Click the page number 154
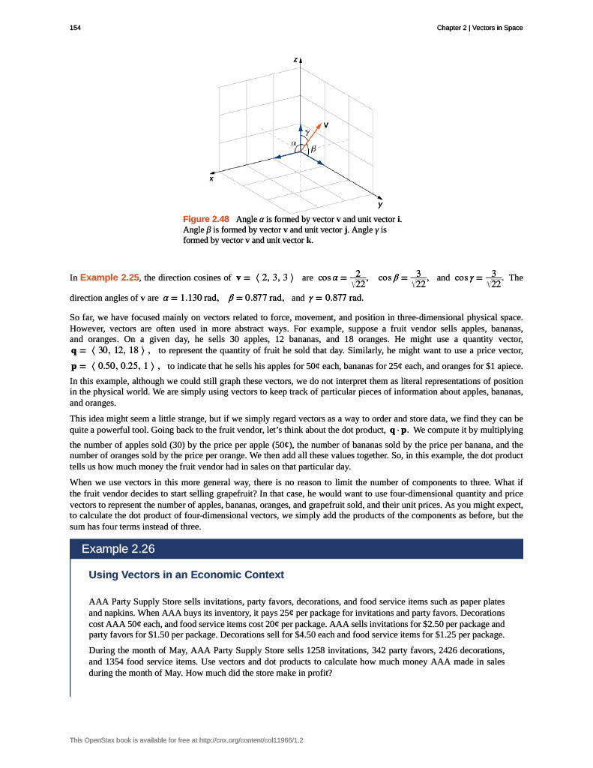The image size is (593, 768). click(74, 28)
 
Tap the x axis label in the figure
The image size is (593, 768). click(211, 179)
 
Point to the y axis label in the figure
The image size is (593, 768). click(380, 204)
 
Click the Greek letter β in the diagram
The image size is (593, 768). click(313, 149)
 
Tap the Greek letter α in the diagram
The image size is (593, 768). click(295, 141)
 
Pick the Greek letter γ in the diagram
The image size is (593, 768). click(307, 131)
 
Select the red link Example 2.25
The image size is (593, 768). click(108, 277)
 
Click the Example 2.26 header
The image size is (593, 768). click(118, 549)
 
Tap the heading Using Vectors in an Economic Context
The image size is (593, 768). click(187, 574)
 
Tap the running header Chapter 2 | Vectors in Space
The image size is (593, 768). click(480, 28)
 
